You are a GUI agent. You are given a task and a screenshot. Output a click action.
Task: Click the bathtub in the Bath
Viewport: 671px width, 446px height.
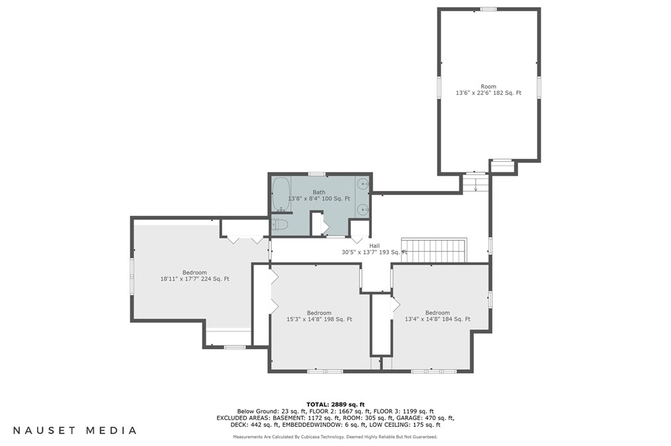281,194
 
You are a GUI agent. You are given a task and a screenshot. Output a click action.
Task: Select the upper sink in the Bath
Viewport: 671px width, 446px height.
363,184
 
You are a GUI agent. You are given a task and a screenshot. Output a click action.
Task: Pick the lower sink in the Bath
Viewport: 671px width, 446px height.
363,209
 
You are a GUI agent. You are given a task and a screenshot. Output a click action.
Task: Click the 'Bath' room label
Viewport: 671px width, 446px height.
319,192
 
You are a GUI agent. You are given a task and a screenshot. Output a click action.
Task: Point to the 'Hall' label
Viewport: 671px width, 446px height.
375,246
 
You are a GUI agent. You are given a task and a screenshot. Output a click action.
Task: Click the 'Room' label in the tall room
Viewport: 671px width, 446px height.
488,87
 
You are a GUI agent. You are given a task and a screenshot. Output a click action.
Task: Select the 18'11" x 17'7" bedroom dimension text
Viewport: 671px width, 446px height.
195,279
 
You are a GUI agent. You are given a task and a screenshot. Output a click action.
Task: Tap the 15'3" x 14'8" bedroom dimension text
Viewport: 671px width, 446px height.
319,319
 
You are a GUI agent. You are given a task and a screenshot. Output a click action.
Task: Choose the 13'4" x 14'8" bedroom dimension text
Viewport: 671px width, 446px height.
437,319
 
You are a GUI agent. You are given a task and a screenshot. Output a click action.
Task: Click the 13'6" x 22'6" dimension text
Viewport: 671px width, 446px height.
488,93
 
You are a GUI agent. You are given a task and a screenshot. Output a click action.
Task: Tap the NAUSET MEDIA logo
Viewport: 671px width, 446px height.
75,431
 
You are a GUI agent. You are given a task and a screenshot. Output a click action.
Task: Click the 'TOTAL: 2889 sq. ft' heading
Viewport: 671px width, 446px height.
335,404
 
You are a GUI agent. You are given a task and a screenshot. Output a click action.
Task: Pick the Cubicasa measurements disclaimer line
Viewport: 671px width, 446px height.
335,437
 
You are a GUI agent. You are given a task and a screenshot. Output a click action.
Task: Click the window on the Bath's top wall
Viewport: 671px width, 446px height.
317,174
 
